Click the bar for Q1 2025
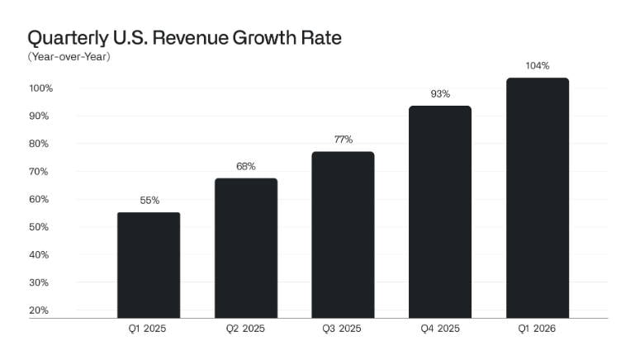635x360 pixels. tap(149, 265)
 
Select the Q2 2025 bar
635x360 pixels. tap(246, 249)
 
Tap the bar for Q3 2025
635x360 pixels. tap(343, 234)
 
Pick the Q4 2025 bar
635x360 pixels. tap(440, 212)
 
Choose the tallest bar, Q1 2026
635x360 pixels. tap(538, 198)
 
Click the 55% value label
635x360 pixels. tap(149, 201)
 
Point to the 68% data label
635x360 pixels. tap(246, 167)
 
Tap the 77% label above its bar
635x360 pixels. tap(344, 140)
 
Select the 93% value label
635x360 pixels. tap(440, 94)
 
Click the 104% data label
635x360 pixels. tap(538, 65)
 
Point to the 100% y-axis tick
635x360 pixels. tap(41, 88)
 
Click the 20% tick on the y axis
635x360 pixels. tap(39, 310)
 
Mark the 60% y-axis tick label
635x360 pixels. tap(39, 199)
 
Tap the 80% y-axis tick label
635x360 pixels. tap(39, 144)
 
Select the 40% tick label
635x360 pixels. tap(39, 254)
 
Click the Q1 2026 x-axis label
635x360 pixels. tap(537, 329)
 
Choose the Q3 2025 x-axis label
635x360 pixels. tap(342, 329)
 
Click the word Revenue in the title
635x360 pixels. tap(190, 38)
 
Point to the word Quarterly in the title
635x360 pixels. tap(68, 39)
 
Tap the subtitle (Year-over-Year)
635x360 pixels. tap(69, 57)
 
